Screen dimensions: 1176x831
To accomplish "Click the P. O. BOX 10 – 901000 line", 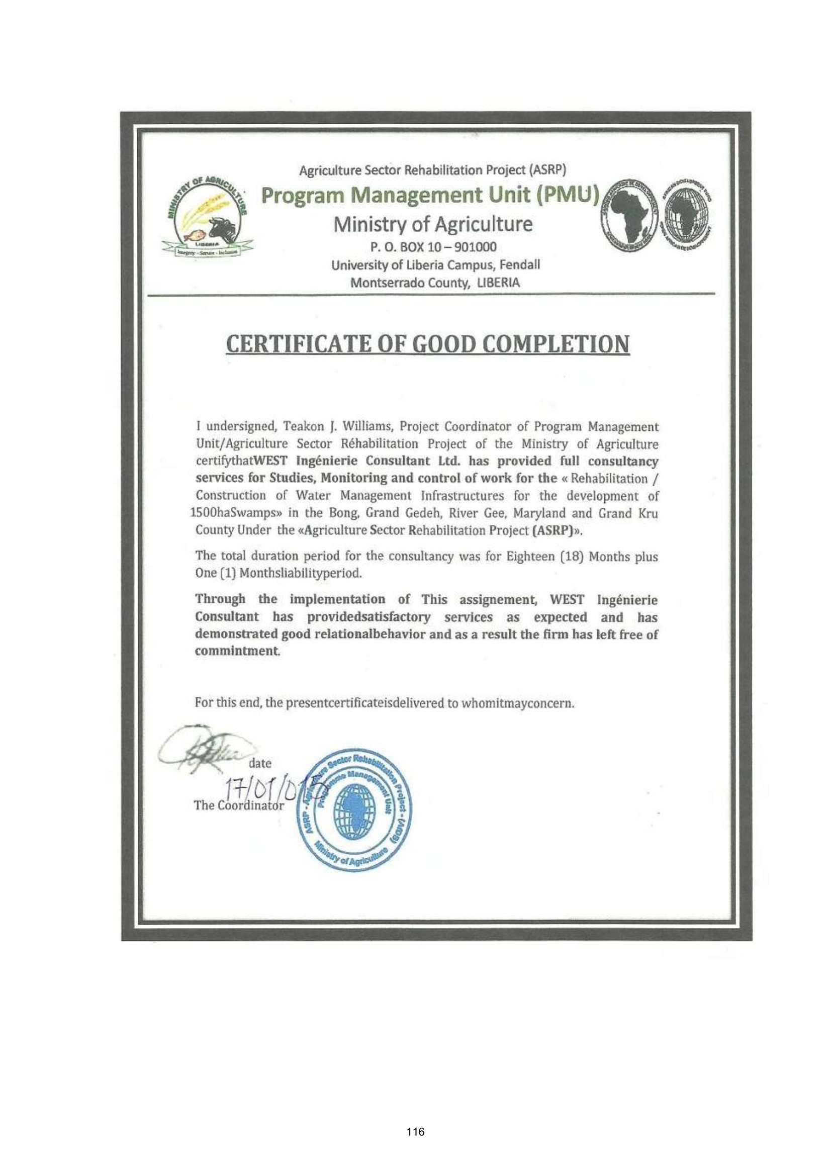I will (x=433, y=247).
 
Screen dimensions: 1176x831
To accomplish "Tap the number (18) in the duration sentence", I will (x=572, y=556).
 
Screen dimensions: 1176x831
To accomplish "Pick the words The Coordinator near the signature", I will (x=239, y=805).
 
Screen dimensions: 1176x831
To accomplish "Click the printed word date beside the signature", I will (x=260, y=763).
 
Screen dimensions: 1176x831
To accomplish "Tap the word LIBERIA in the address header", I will (x=498, y=283).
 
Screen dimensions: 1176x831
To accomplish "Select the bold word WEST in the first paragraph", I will (x=272, y=461).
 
